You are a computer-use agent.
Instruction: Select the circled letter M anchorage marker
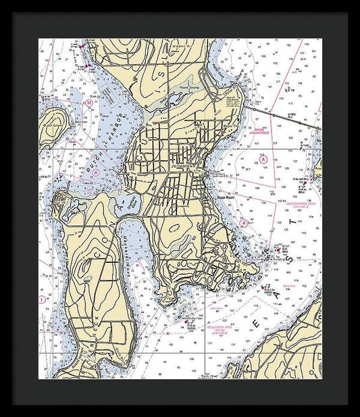click(88, 103)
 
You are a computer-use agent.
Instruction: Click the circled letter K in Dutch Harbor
click(96, 172)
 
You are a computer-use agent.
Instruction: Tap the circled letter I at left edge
click(43, 298)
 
